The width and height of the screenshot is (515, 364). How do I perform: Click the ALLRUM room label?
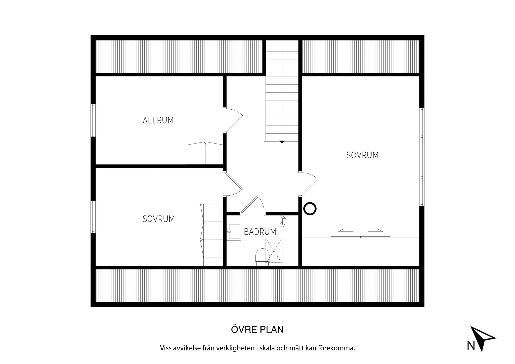[x=158, y=120]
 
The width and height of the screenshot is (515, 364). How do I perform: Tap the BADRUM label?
[x=260, y=232]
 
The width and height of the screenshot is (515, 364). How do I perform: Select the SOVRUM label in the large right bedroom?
[x=362, y=155]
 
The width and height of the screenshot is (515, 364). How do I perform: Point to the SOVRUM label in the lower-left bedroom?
[x=159, y=219]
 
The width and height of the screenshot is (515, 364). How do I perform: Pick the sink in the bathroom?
[x=234, y=232]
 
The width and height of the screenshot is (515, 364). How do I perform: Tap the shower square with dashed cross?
[x=274, y=251]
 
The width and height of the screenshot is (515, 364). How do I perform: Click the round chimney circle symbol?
[x=310, y=209]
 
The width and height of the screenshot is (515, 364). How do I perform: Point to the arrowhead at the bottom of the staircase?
[x=282, y=142]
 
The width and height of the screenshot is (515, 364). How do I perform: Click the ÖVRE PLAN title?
[x=257, y=330]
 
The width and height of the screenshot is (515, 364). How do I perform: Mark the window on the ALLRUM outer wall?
[x=93, y=120]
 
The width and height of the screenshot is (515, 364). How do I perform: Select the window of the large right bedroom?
[x=422, y=157]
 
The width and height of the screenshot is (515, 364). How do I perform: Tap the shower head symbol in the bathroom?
[x=283, y=221]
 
